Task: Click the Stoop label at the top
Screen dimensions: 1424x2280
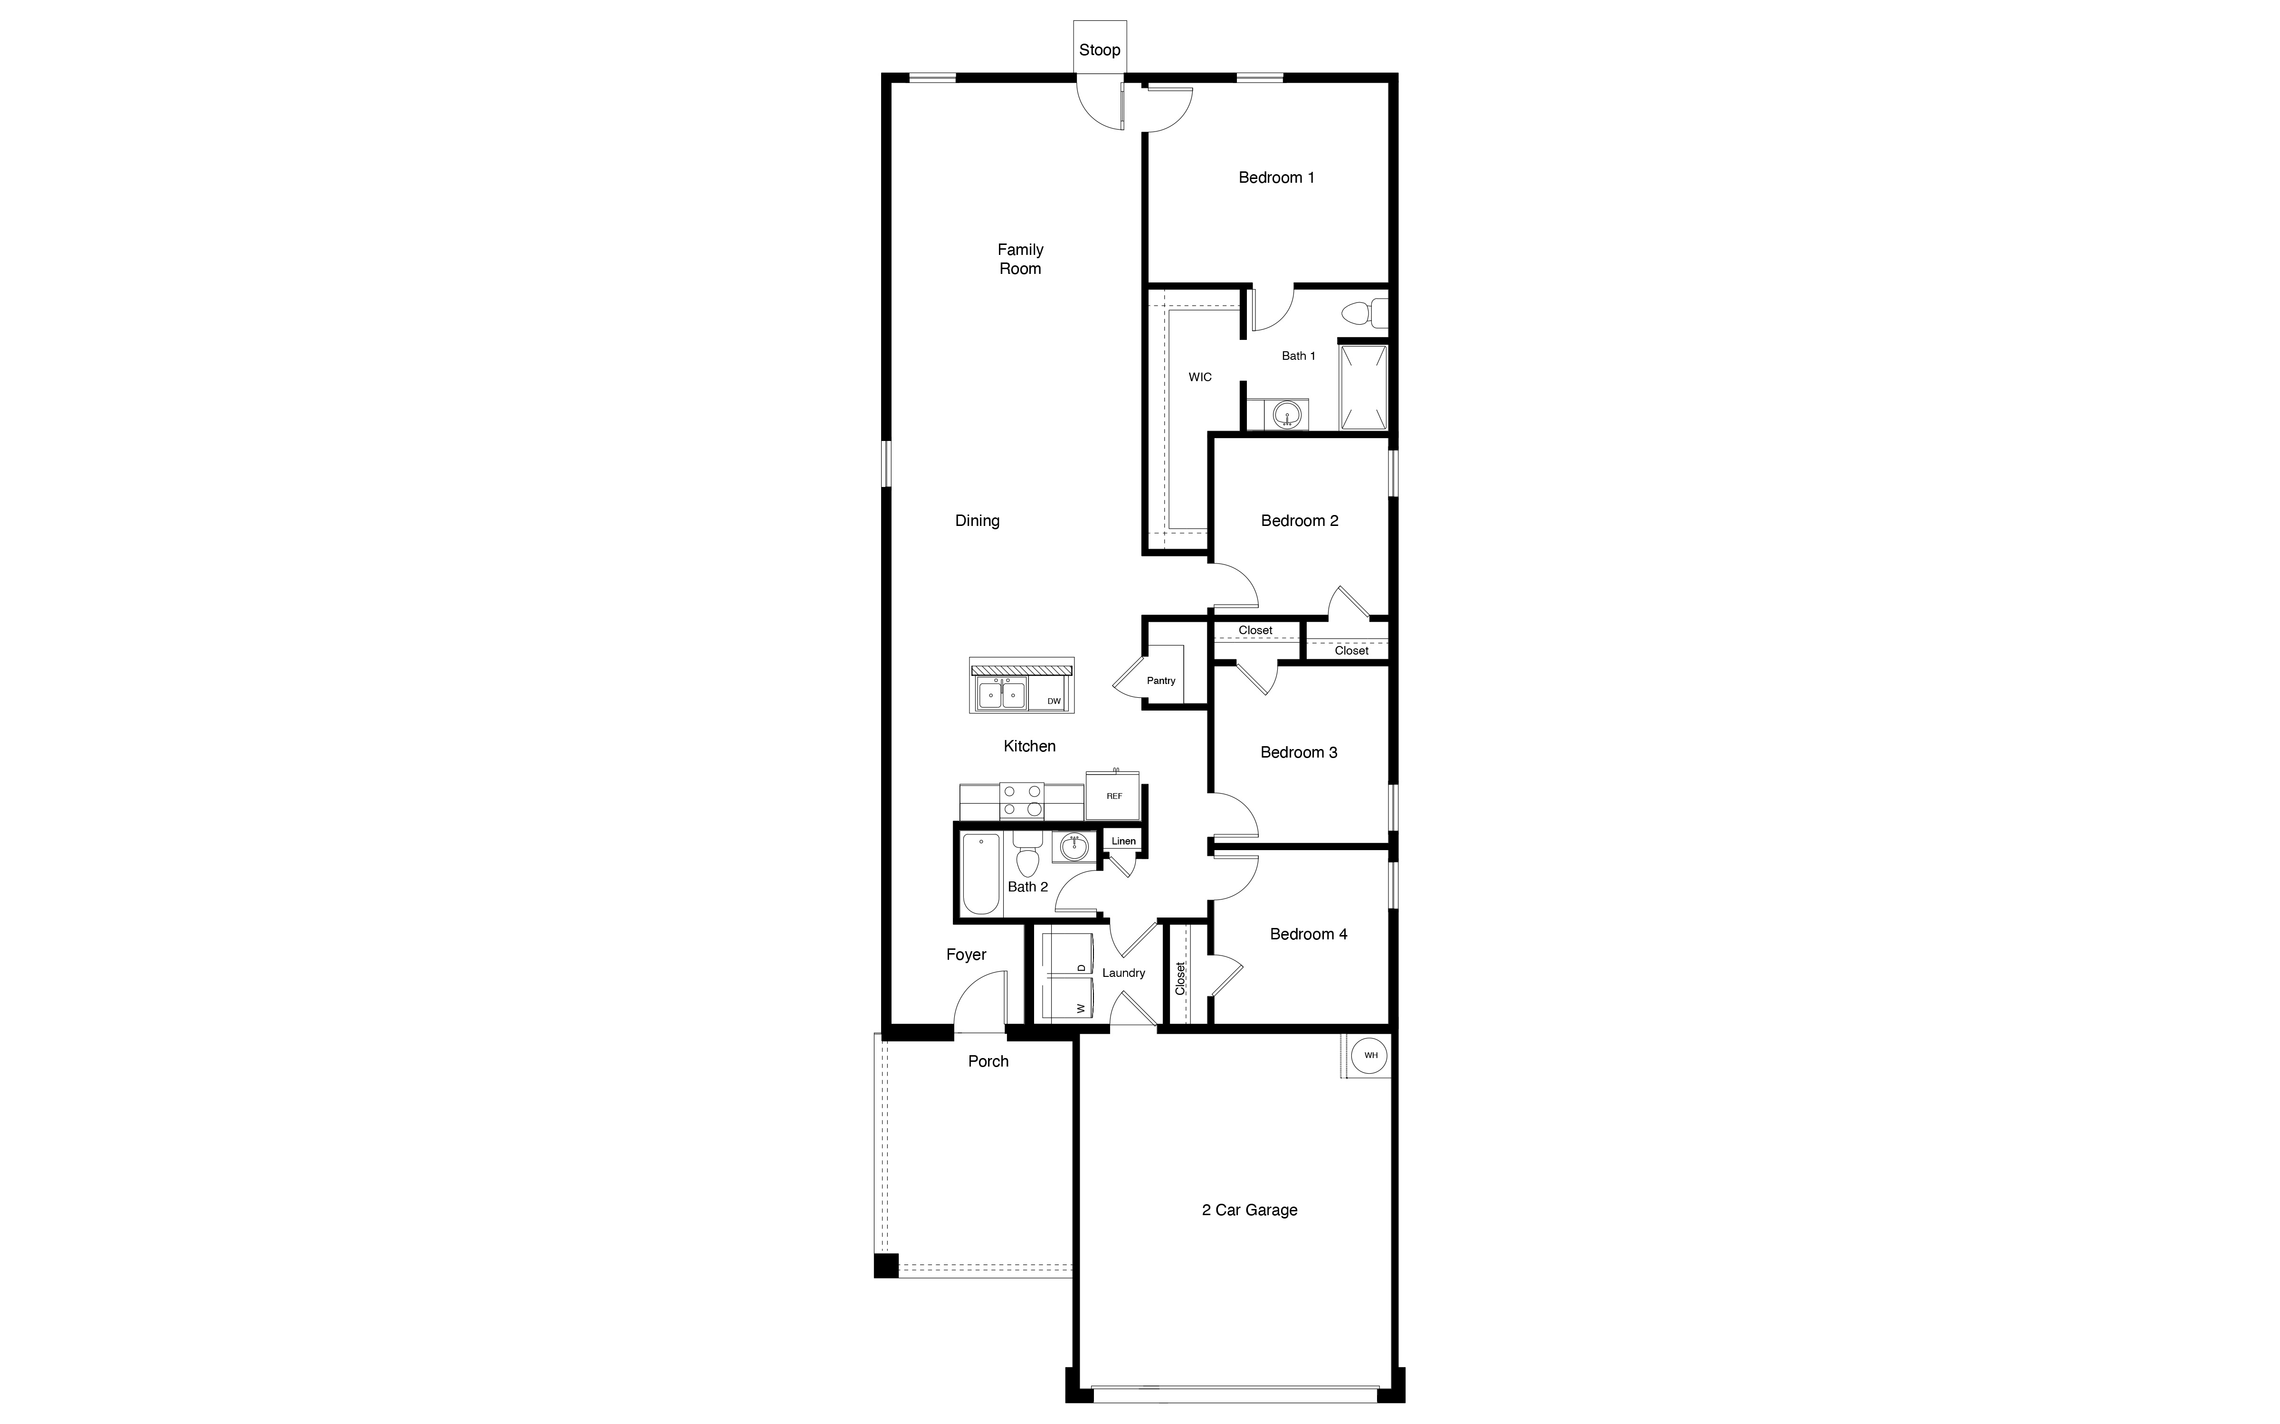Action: pos(1100,50)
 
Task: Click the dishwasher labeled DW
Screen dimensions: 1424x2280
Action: pos(1054,701)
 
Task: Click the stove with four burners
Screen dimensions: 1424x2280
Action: pos(1021,801)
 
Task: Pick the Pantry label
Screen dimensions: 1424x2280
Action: pos(1161,680)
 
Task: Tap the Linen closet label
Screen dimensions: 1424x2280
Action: pos(1123,841)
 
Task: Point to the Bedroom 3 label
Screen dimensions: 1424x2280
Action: pos(1298,751)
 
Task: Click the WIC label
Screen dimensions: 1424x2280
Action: pos(1199,377)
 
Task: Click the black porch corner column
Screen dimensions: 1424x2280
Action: pos(885,1265)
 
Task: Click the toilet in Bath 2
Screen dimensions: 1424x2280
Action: pos(1027,855)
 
